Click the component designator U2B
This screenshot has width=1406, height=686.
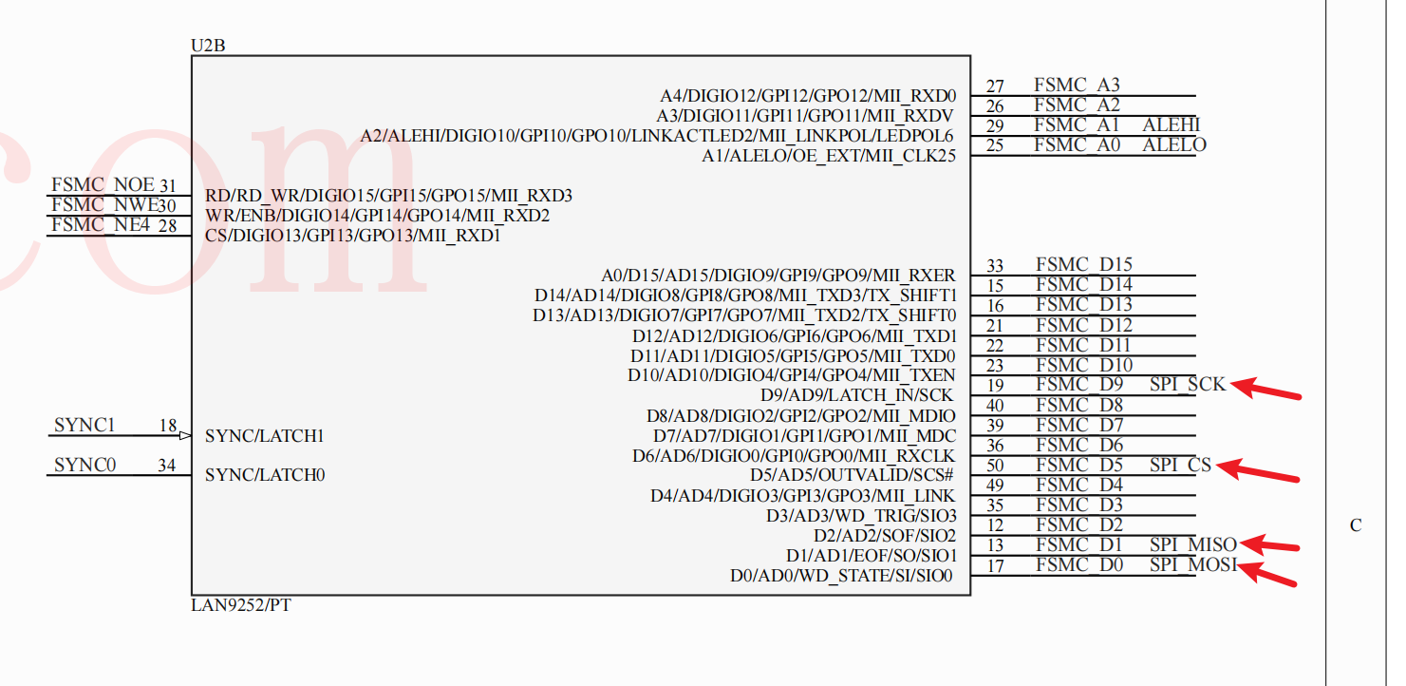[x=208, y=46]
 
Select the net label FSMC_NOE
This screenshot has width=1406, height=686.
[x=103, y=185]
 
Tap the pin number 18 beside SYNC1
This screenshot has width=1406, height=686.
[x=167, y=426]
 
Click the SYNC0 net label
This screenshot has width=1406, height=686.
[x=84, y=465]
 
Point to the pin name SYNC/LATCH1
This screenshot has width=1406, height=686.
[x=265, y=436]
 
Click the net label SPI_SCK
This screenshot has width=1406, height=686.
[x=1188, y=385]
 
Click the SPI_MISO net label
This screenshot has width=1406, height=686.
[x=1192, y=544]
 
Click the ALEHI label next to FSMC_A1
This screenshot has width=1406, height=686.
[x=1172, y=125]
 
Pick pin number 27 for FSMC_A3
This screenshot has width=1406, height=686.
[x=995, y=86]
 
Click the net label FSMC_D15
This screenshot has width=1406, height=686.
[x=1084, y=265]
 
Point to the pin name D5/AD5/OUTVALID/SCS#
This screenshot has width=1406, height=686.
[x=852, y=475]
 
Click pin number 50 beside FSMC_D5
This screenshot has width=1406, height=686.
[x=995, y=466]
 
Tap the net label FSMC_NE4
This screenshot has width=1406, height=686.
[x=101, y=225]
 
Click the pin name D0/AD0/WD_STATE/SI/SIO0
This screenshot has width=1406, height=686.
[x=841, y=576]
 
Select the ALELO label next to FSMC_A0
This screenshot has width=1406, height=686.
[x=1174, y=145]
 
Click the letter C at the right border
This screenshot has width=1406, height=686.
[x=1356, y=525]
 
